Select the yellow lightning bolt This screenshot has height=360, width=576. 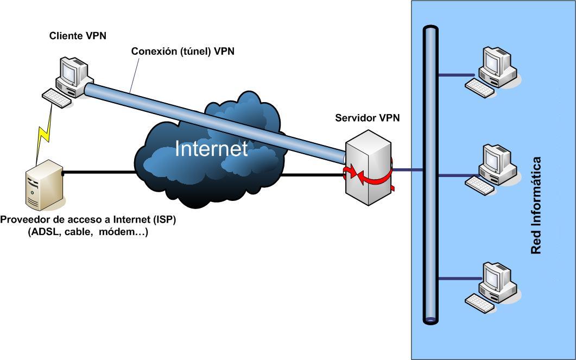point(44,134)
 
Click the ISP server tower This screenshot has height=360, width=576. point(44,185)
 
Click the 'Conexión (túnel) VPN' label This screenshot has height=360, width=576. point(183,52)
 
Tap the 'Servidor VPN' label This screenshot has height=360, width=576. point(368,118)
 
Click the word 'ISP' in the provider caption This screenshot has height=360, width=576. point(166,220)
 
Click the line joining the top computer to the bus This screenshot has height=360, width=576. point(457,74)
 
